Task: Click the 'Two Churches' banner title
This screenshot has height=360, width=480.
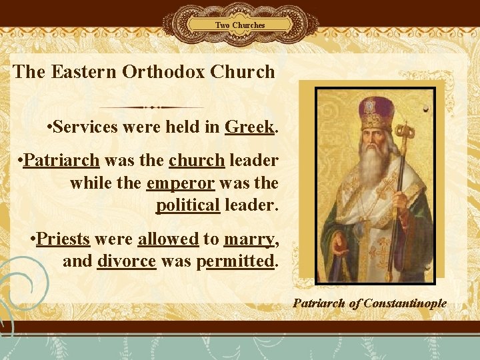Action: [x=240, y=25]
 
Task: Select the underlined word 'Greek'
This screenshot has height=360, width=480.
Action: [x=250, y=126]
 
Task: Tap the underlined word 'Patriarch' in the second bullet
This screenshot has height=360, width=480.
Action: [x=61, y=161]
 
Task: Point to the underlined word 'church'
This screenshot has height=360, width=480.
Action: [x=197, y=161]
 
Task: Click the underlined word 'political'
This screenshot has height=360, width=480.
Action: [x=188, y=205]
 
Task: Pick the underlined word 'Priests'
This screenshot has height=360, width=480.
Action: [x=64, y=239]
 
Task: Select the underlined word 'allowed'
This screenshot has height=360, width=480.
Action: [x=168, y=239]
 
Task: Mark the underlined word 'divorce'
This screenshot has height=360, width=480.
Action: [x=127, y=261]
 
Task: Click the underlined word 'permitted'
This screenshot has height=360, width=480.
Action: [x=236, y=261]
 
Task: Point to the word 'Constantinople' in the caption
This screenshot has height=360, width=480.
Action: [x=405, y=303]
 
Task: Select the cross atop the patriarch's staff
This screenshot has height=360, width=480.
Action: [x=405, y=127]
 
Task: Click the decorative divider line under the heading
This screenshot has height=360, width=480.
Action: [x=152, y=107]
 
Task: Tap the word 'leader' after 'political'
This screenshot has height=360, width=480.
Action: [x=250, y=205]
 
